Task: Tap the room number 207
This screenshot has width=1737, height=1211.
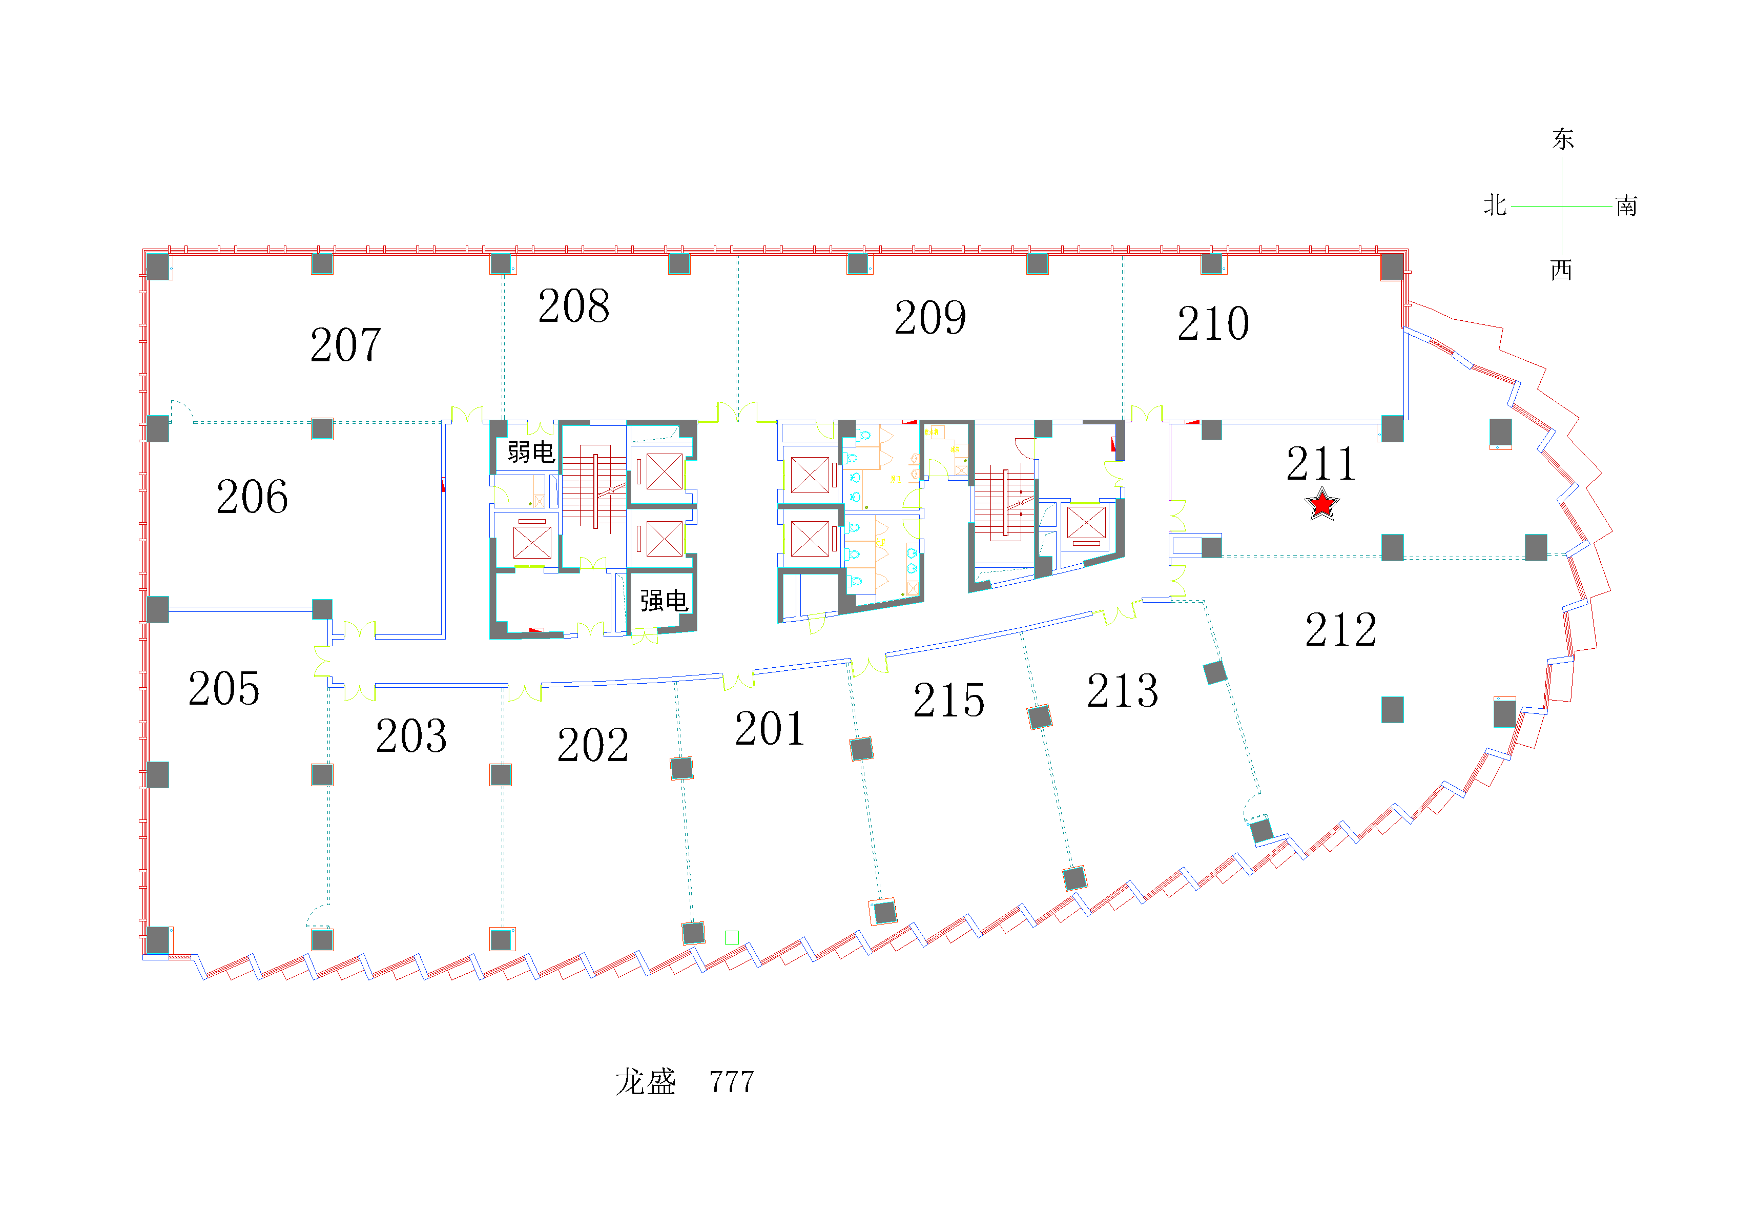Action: (x=346, y=345)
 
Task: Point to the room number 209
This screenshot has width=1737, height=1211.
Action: (x=930, y=317)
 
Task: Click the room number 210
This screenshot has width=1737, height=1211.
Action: (x=1213, y=323)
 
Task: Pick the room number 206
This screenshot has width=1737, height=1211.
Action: (x=252, y=497)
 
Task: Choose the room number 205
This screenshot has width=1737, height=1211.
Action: (x=224, y=689)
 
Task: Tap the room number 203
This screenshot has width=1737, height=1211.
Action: (x=411, y=736)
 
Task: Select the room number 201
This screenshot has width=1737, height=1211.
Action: (x=770, y=728)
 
